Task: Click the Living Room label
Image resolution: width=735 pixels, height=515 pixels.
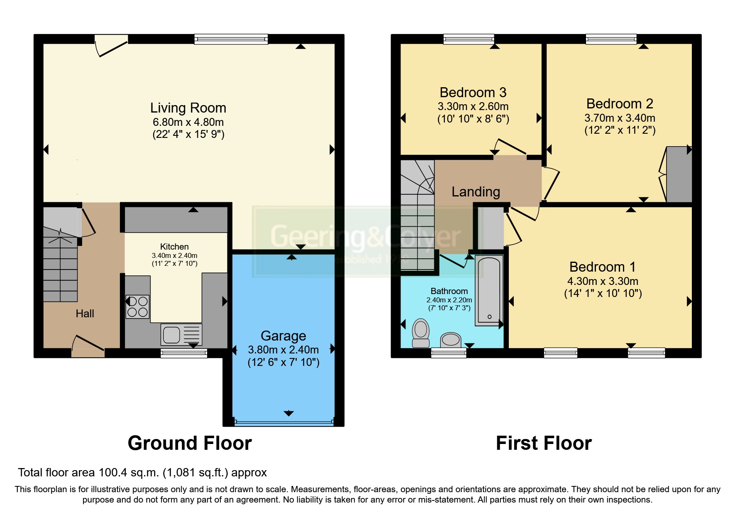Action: (x=188, y=108)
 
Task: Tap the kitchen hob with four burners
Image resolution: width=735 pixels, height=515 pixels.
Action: (x=137, y=307)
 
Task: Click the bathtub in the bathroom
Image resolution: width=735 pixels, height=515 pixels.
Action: (x=489, y=290)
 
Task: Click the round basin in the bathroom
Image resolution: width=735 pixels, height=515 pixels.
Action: (x=451, y=340)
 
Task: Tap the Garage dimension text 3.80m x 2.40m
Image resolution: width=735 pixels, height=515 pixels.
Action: (x=283, y=350)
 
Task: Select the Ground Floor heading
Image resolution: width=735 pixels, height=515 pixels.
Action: (x=190, y=443)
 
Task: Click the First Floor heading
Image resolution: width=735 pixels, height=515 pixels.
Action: (x=544, y=443)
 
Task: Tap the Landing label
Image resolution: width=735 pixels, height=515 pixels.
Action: (x=476, y=191)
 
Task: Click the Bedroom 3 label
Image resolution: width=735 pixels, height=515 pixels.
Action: (x=473, y=92)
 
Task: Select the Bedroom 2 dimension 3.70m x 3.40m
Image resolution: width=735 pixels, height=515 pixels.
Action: (x=620, y=118)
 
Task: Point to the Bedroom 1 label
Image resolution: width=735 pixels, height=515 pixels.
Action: (x=602, y=267)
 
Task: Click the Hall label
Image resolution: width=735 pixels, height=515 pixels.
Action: (x=85, y=314)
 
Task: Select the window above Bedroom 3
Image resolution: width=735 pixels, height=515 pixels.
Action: (x=469, y=39)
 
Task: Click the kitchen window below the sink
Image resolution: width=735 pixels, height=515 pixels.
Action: (x=184, y=353)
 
